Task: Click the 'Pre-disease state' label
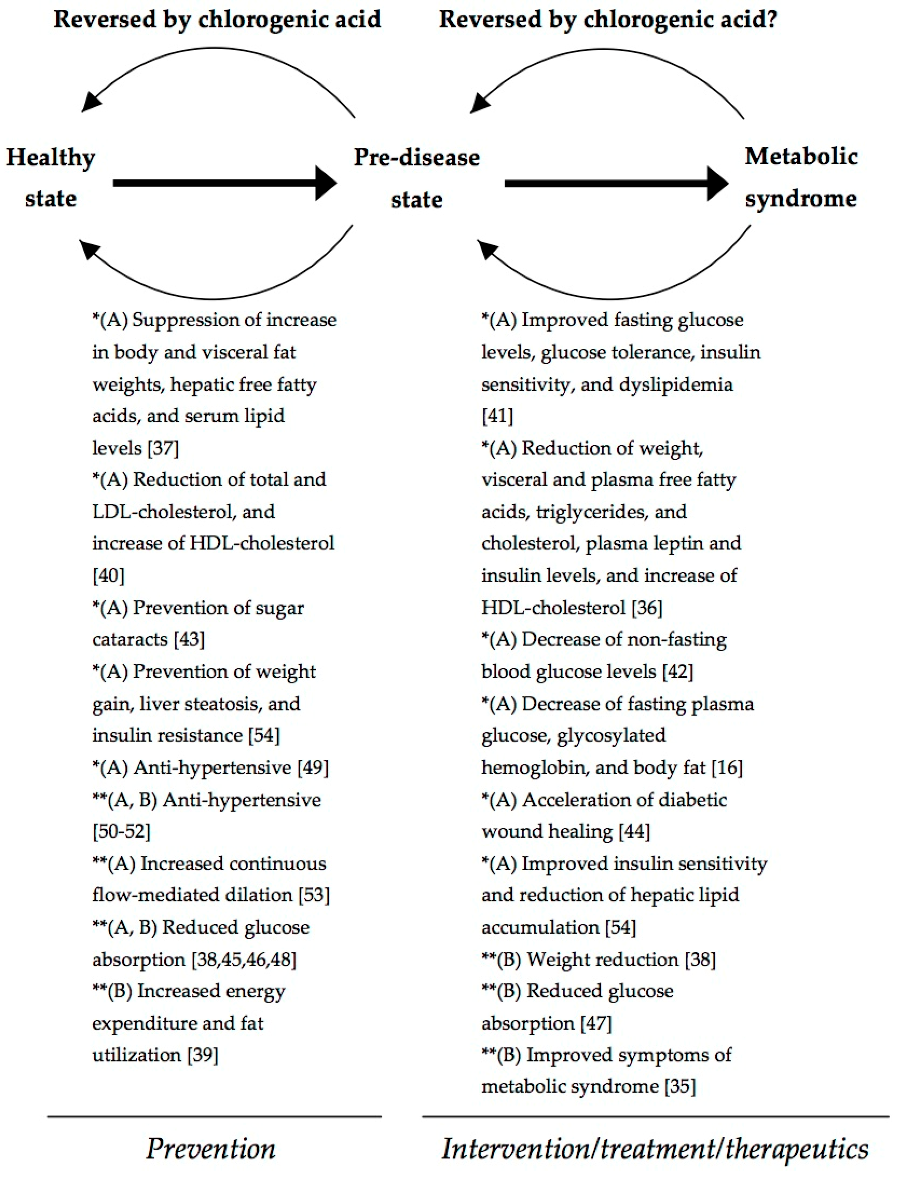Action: coord(417,178)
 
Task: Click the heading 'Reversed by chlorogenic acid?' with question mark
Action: coord(608,20)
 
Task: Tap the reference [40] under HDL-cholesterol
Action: coord(109,576)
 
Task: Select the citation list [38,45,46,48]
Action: coord(244,959)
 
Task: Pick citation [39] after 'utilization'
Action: coord(203,1055)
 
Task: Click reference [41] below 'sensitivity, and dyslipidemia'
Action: coord(498,416)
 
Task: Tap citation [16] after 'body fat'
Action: coord(727,767)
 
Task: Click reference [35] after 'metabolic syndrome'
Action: coord(680,1087)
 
